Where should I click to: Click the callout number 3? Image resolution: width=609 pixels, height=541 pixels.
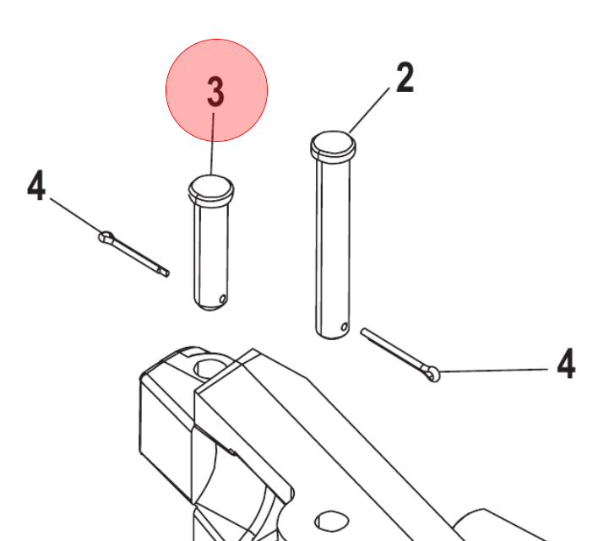tap(215, 92)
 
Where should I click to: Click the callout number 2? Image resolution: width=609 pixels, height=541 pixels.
tap(405, 78)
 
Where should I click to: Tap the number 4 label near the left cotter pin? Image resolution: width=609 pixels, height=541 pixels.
tap(36, 185)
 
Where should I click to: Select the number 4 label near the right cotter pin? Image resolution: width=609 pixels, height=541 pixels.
tap(566, 363)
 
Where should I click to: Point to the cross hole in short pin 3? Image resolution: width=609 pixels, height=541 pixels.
tap(222, 299)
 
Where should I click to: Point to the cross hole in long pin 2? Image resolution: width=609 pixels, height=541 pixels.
tap(344, 327)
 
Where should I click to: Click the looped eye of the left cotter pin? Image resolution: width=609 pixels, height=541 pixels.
tap(106, 236)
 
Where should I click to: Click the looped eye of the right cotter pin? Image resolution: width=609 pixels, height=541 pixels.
tap(433, 374)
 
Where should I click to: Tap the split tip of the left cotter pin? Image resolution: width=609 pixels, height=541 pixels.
tap(165, 272)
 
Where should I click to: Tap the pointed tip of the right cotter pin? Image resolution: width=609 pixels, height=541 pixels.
tap(362, 331)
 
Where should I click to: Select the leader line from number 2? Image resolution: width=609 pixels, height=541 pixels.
tap(369, 111)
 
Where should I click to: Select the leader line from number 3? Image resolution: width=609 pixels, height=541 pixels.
tap(213, 143)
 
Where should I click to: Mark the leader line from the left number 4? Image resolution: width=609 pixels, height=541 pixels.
tap(76, 216)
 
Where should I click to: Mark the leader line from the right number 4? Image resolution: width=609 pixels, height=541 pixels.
tap(493, 371)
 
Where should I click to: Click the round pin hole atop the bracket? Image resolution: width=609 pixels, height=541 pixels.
tap(209, 368)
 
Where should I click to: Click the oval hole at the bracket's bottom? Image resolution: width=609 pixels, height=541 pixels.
tap(331, 522)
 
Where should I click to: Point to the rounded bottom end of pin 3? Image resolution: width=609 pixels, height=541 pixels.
tap(210, 305)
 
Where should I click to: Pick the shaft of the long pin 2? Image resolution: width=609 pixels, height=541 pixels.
tap(333, 245)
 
